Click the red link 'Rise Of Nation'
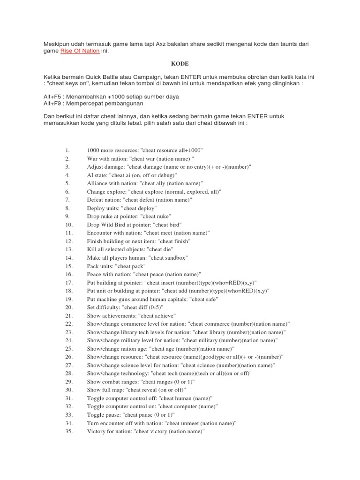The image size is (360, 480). (80, 51)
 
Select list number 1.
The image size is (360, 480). (67, 150)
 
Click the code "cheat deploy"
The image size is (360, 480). (139, 208)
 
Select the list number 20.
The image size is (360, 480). (68, 307)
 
